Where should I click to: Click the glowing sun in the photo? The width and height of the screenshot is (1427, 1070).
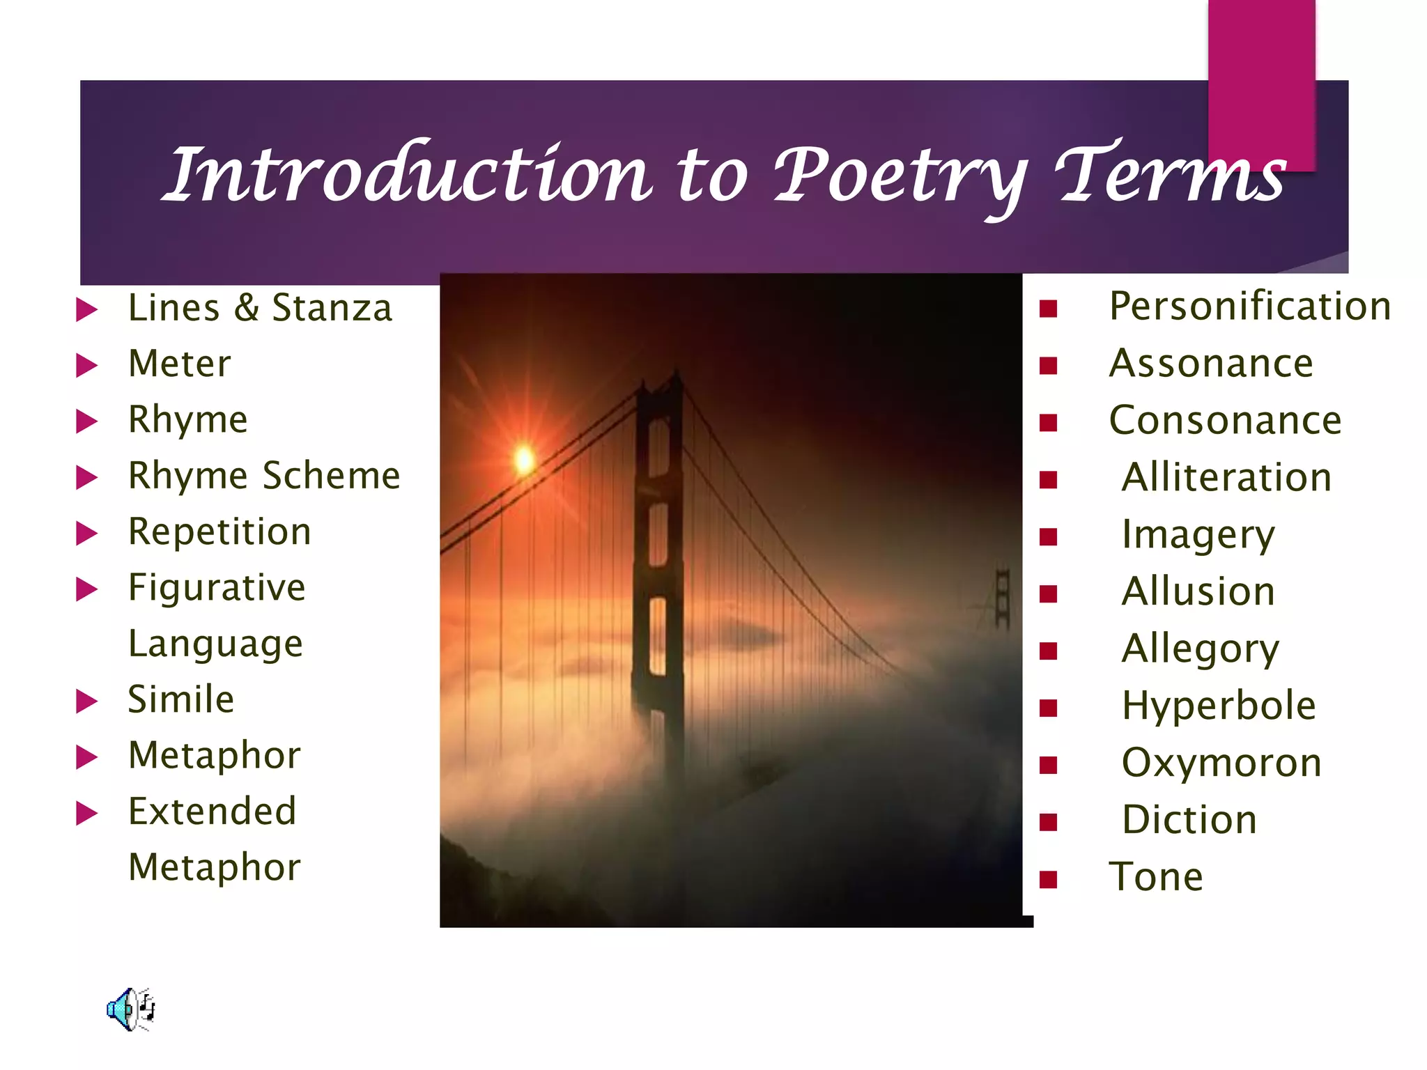(524, 460)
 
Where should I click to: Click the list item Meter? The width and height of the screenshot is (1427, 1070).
(180, 364)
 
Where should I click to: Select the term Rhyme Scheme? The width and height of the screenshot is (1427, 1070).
(264, 476)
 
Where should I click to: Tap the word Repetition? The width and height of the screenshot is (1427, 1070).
(219, 532)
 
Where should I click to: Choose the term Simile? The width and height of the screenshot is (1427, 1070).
(181, 699)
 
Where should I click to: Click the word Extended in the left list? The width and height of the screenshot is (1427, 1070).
(213, 812)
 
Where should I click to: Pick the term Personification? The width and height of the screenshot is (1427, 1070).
(1250, 307)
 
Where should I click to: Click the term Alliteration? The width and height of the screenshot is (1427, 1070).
(1226, 478)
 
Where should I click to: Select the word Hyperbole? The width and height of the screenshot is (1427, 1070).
(1219, 706)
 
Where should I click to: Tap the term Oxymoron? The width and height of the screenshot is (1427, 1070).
(1221, 763)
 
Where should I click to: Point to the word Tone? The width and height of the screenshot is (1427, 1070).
(1156, 877)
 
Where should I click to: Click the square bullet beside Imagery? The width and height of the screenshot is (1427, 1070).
(1048, 536)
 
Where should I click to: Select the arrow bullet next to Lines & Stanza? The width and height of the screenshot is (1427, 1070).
(86, 309)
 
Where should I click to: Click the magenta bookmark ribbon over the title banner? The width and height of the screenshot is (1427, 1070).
(1261, 77)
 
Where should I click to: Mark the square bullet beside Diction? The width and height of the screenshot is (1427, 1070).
(1048, 822)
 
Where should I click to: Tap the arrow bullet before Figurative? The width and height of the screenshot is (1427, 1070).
(86, 589)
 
